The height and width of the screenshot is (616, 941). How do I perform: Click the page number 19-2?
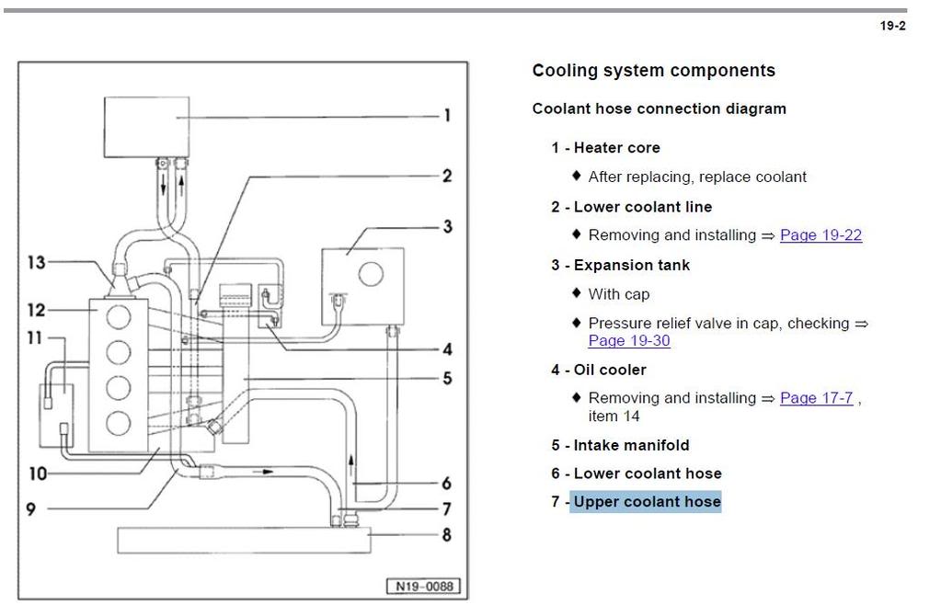[892, 26]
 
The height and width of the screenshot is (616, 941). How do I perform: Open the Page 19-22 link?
[821, 235]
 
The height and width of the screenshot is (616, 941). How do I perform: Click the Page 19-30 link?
[629, 341]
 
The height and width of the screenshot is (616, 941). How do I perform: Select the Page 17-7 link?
[816, 398]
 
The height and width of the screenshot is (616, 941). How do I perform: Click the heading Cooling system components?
[653, 71]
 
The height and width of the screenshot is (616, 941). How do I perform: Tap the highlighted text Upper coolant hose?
[647, 502]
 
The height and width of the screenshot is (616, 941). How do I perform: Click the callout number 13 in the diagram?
[36, 263]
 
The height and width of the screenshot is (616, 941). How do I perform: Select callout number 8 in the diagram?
[447, 534]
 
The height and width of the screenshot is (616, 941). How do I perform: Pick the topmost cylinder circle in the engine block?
[119, 316]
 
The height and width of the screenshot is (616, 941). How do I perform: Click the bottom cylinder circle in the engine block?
[119, 423]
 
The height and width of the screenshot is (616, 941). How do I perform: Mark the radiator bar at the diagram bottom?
[244, 541]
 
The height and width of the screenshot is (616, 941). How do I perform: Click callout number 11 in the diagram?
[35, 338]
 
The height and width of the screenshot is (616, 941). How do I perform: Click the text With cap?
[618, 294]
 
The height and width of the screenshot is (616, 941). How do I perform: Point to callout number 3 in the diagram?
[447, 226]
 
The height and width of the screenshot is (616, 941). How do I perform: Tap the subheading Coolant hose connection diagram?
[659, 108]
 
